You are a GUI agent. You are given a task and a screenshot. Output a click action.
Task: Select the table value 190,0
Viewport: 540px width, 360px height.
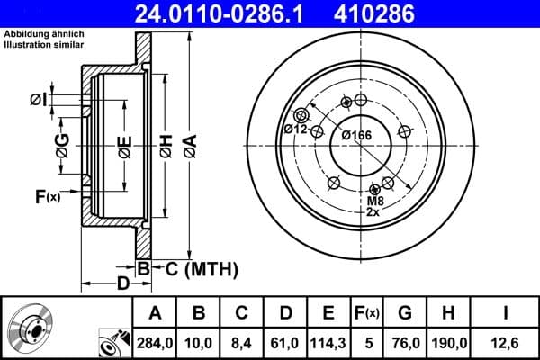449,341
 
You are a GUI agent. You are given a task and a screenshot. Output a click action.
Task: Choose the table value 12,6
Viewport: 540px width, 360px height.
505,341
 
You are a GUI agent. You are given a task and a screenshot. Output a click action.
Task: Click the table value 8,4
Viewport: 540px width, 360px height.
241,341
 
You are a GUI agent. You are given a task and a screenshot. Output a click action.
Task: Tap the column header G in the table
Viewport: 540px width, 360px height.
405,313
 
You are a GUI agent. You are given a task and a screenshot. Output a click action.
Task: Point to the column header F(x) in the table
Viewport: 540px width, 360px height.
366,313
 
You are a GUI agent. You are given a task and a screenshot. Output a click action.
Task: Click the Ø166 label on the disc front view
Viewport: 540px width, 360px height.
356,135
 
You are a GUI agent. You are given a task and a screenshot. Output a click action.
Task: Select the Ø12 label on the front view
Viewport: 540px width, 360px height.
296,130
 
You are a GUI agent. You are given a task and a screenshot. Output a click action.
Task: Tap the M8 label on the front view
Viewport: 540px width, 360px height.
373,202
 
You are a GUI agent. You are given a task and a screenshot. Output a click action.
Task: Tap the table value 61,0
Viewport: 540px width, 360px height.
283,341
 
